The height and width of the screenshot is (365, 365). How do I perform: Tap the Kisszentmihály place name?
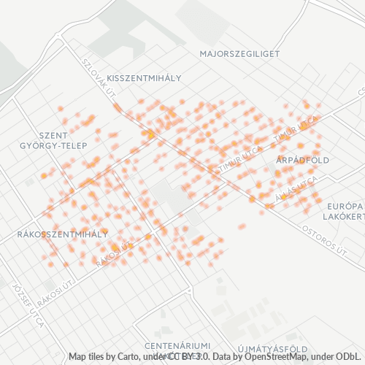(x=144, y=77)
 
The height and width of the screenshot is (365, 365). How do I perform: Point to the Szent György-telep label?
(x=53, y=140)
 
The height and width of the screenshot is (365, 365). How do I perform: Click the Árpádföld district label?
(x=303, y=159)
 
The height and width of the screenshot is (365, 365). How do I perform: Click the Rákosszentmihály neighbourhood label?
(x=61, y=234)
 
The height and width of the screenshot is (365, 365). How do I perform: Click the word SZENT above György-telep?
(x=53, y=135)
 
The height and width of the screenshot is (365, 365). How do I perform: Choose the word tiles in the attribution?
(x=99, y=357)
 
